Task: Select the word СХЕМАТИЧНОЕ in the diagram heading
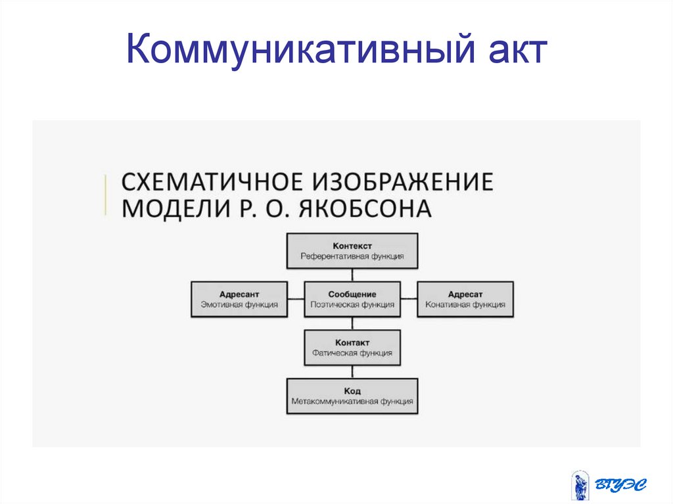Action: pos(212,181)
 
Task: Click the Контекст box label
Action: pos(352,246)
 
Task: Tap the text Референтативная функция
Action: pos(352,256)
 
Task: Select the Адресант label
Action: pos(239,294)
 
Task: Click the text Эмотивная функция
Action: pos(239,304)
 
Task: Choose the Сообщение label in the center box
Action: pos(352,294)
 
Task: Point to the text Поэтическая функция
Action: pos(352,304)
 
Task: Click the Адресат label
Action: pos(465,294)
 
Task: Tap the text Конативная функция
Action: pos(465,304)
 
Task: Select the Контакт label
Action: pos(352,342)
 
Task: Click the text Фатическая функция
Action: pos(352,353)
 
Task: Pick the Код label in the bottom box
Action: pos(352,391)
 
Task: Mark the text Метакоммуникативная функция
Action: pos(352,401)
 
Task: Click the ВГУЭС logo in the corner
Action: pos(609,485)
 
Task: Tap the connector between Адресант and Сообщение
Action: pos(296,299)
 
